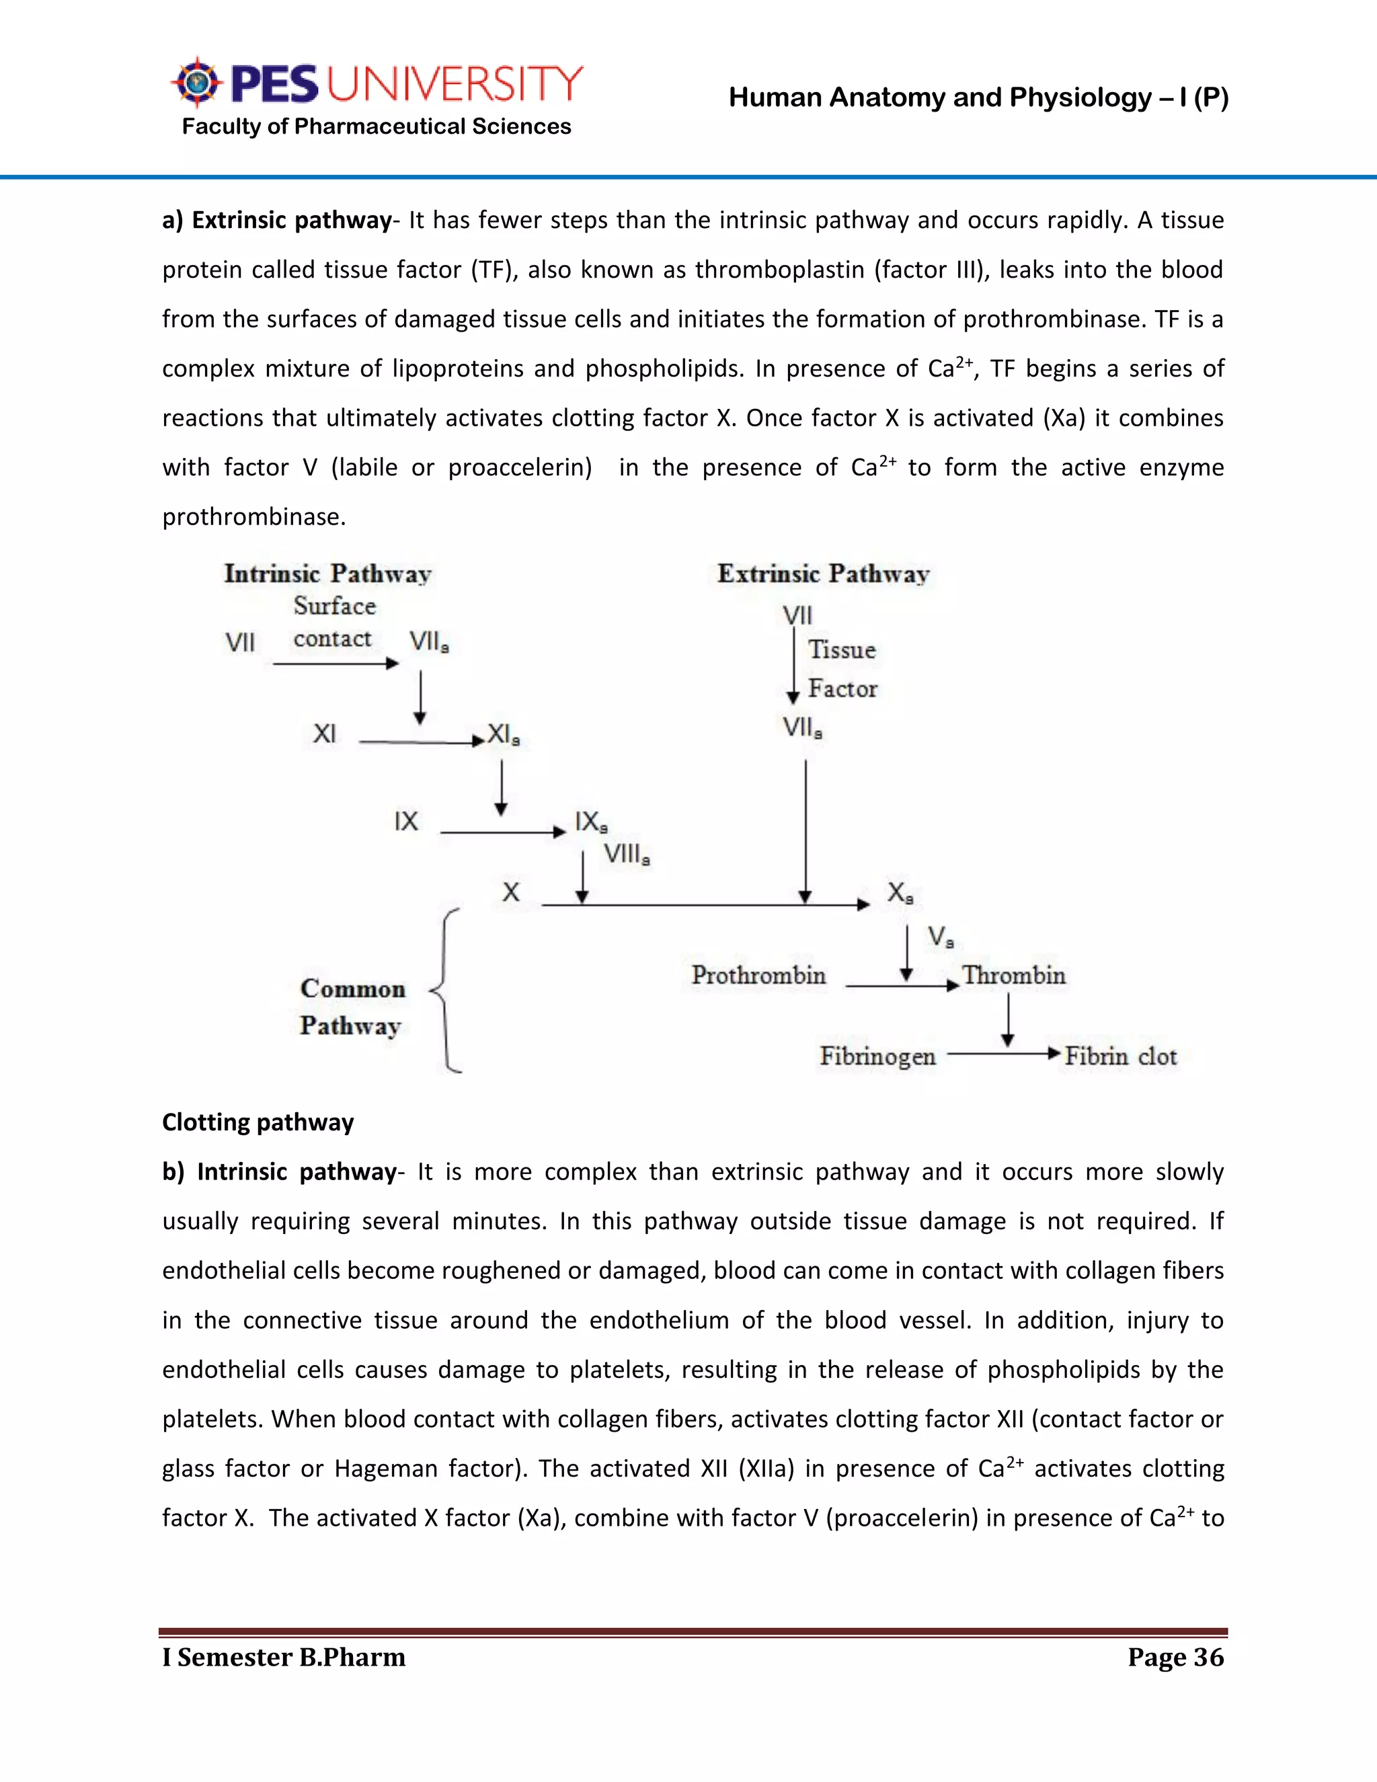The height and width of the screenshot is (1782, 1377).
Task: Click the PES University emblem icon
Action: point(196,83)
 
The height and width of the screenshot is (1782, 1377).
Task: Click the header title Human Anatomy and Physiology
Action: point(978,98)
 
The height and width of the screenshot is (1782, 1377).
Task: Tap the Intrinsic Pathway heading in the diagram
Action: point(327,574)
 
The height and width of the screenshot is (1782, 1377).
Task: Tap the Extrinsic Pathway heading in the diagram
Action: point(823,574)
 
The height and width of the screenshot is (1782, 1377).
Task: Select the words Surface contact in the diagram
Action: point(333,623)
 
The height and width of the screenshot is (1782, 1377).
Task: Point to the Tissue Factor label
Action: point(842,669)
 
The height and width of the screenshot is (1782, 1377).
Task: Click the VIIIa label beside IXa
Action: point(626,854)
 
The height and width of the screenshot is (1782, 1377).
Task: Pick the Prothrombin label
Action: point(758,975)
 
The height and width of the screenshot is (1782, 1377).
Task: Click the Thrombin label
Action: point(1014,975)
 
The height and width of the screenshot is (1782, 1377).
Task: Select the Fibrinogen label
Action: point(877,1056)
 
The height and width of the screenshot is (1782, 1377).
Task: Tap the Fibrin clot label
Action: point(1121,1056)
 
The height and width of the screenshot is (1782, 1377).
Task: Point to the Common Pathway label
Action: point(352,1007)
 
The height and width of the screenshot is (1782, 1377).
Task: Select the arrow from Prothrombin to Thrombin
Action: point(902,986)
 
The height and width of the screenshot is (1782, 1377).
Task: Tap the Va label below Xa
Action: point(940,937)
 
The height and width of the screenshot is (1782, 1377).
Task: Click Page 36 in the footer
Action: point(1175,1657)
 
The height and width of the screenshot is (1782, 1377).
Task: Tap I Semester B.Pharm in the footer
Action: point(284,1657)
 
